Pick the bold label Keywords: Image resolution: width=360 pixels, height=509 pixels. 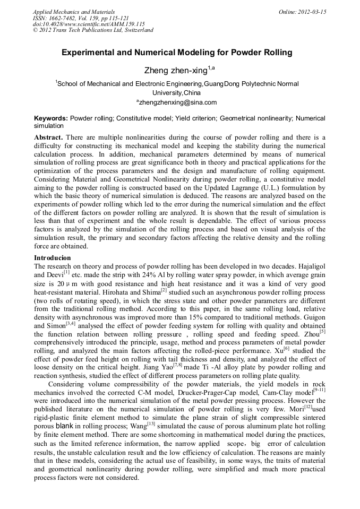[x=52, y=118]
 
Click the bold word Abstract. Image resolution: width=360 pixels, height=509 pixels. [x=48, y=137]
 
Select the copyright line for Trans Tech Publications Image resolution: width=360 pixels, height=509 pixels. [x=93, y=30]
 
